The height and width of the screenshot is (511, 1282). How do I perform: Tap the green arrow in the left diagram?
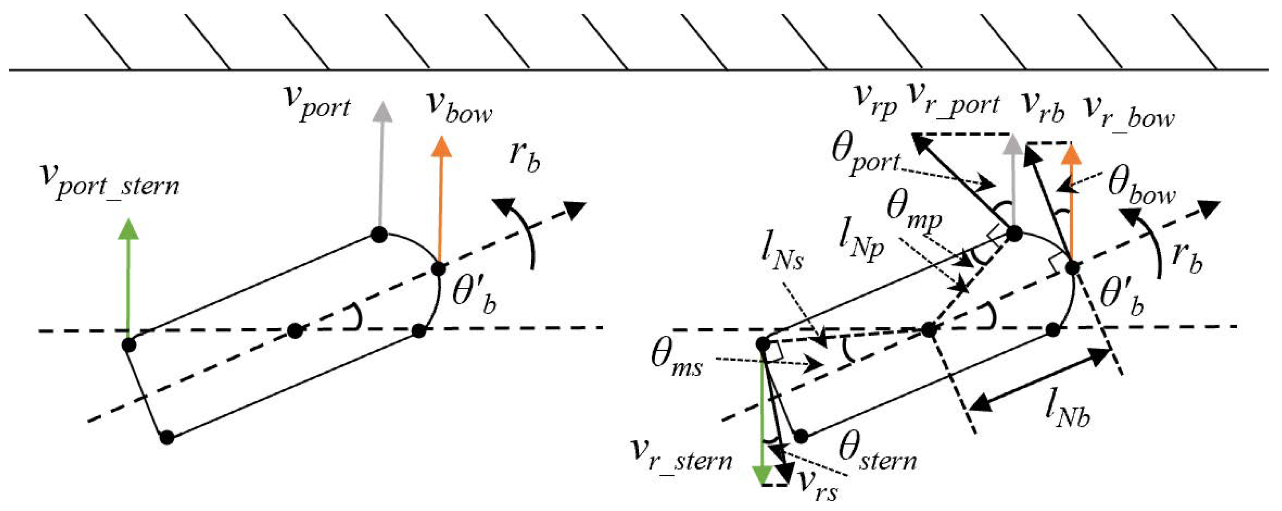coord(128,279)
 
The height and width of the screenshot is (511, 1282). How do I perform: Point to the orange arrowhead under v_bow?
coord(441,146)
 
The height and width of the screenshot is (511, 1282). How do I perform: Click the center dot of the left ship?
coord(295,330)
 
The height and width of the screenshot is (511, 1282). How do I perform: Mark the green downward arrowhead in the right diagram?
coord(762,475)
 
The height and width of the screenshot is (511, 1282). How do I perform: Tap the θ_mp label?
coord(914,214)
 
